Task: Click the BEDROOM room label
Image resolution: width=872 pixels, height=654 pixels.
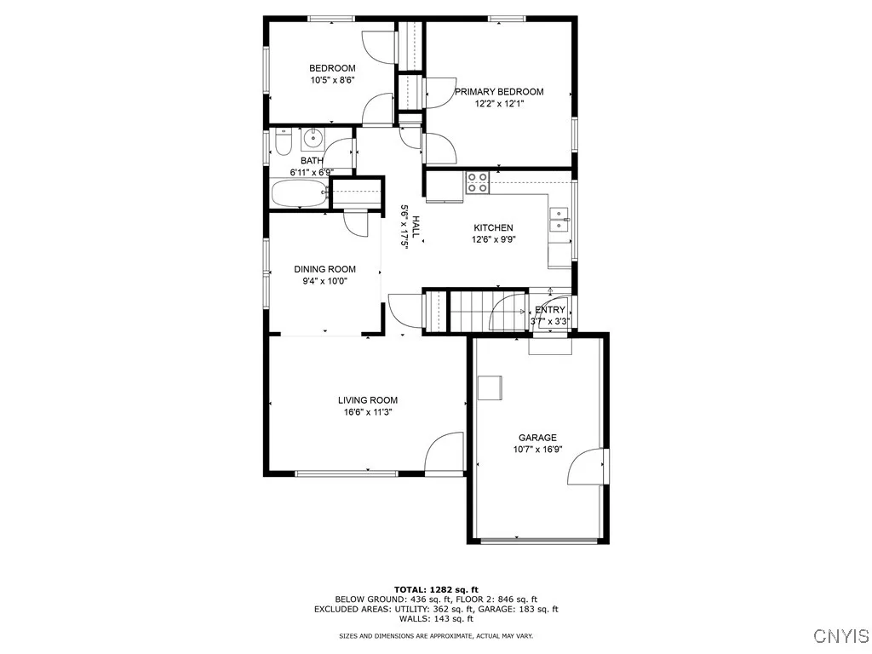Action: pos(332,68)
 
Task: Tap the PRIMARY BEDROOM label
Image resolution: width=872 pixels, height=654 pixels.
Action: pos(498,92)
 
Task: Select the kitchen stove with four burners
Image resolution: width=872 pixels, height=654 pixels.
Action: pos(477,182)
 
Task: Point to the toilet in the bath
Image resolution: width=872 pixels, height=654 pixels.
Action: pos(284,142)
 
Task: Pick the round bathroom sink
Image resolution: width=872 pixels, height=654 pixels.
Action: pos(313,136)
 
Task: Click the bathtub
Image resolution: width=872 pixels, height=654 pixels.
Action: pos(299,193)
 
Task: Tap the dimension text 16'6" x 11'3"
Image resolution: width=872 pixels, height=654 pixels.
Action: pos(367,412)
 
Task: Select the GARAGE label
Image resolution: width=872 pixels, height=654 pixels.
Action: pos(537,438)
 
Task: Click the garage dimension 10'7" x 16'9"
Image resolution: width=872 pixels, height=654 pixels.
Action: pos(537,450)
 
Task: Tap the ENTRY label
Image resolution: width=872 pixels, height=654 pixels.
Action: pos(550,310)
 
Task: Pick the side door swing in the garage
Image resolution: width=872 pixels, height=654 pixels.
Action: pos(588,467)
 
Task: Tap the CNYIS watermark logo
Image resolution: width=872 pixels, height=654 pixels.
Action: pos(840,636)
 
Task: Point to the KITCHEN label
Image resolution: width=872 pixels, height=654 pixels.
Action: pos(493,227)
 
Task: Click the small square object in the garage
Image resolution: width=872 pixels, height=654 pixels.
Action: pos(490,387)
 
